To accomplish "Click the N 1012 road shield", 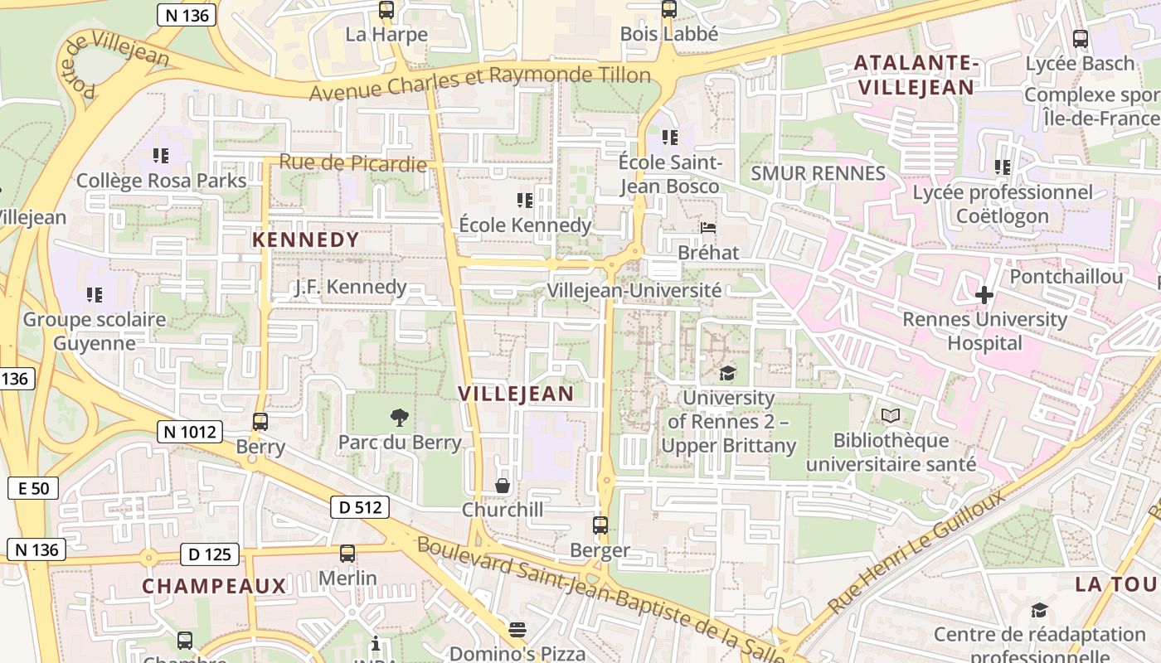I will pos(189,431).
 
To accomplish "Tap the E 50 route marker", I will pos(33,488).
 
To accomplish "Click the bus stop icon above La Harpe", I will pos(386,10).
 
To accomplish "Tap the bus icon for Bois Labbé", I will pos(669,10).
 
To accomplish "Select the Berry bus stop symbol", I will pos(260,422).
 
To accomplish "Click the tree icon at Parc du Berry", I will pos(399,417).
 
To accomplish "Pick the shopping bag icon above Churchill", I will pos(503,485).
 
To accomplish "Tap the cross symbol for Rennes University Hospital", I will pos(984,294).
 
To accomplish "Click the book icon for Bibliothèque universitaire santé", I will pos(891,415).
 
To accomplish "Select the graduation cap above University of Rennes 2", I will pos(727,373).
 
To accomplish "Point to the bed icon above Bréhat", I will pos(707,228).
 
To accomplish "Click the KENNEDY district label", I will pos(306,240).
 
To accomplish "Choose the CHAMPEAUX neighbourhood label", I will pos(214,586).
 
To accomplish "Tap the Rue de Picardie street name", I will pos(353,162).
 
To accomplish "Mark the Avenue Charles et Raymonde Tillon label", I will pos(480,81).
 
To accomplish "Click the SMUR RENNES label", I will pos(818,173).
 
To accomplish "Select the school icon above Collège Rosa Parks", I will pos(161,155).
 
